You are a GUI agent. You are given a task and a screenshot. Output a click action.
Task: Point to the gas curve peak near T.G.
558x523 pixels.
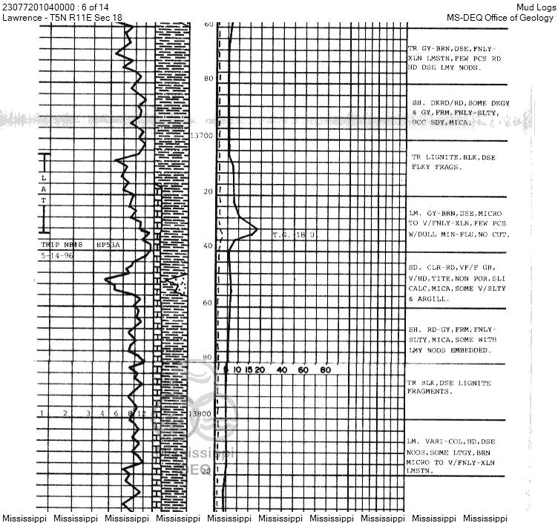(256, 230)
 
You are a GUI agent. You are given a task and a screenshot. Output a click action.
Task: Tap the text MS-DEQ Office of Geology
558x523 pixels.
(500, 17)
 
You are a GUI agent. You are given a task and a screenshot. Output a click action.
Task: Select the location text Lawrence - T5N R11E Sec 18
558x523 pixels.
(62, 17)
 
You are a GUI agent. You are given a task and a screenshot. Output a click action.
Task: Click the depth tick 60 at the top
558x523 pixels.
(209, 24)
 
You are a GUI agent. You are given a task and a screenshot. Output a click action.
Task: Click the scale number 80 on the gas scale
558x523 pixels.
(324, 369)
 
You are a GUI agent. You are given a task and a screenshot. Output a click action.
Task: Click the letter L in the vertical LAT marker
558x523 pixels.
(44, 178)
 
